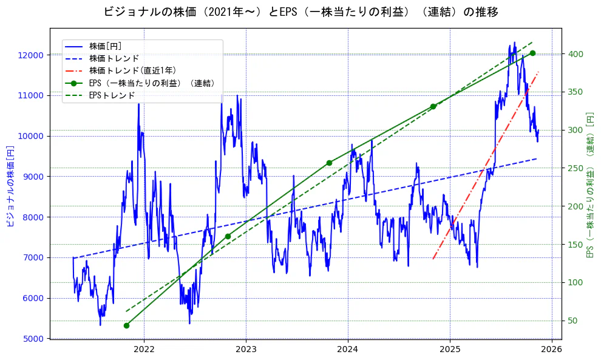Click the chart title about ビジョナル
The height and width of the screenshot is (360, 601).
pyautogui.click(x=300, y=12)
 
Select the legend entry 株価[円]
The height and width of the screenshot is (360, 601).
pyautogui.click(x=105, y=46)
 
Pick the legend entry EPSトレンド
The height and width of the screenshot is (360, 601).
pyautogui.click(x=112, y=95)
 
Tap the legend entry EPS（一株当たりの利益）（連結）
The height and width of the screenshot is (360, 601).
pyautogui.click(x=152, y=83)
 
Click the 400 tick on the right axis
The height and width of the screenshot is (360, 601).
pyautogui.click(x=574, y=54)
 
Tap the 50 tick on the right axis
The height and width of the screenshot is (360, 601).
pyautogui.click(x=572, y=321)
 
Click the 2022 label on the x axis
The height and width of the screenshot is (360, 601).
pyautogui.click(x=144, y=350)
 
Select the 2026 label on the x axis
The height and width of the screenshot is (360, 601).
pyautogui.click(x=551, y=350)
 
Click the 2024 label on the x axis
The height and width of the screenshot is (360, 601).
pyautogui.click(x=347, y=350)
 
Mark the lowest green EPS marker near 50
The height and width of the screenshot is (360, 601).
pyautogui.click(x=126, y=325)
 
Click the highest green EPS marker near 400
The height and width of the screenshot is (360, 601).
pyautogui.click(x=532, y=53)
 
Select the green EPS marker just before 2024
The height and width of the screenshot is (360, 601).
pyautogui.click(x=329, y=163)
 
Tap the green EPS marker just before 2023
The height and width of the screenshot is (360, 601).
pyautogui.click(x=228, y=236)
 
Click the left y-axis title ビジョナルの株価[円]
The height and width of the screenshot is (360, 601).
pyautogui.click(x=10, y=185)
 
